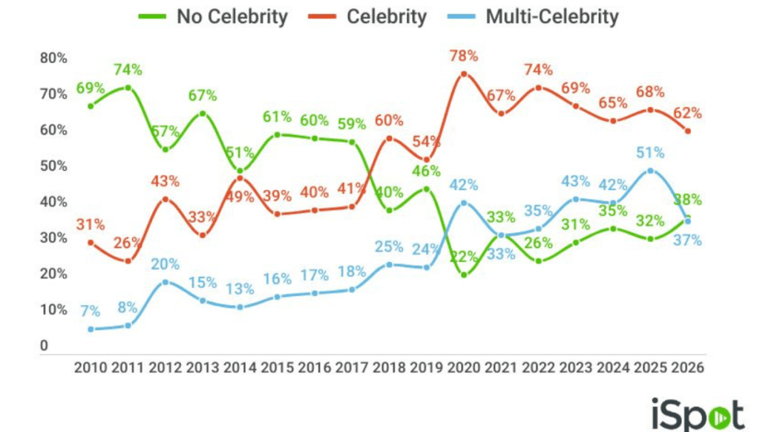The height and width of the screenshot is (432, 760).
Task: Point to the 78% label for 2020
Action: point(463,56)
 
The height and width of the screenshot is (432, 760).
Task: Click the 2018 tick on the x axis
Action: point(388,367)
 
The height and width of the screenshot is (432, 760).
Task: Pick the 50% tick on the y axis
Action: point(53,166)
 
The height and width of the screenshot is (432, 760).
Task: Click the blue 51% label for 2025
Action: point(650,153)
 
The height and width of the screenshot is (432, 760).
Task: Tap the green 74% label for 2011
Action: point(128,70)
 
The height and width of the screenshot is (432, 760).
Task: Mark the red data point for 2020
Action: point(464,74)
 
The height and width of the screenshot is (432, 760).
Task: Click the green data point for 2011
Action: point(128,88)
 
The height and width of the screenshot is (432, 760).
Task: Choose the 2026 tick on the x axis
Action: point(687,367)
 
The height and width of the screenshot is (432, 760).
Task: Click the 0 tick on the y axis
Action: point(45,346)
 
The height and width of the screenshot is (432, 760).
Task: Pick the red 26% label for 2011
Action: point(128,243)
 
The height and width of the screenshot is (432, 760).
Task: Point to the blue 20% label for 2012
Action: point(165,264)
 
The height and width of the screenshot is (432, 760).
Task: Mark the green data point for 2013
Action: point(203,114)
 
